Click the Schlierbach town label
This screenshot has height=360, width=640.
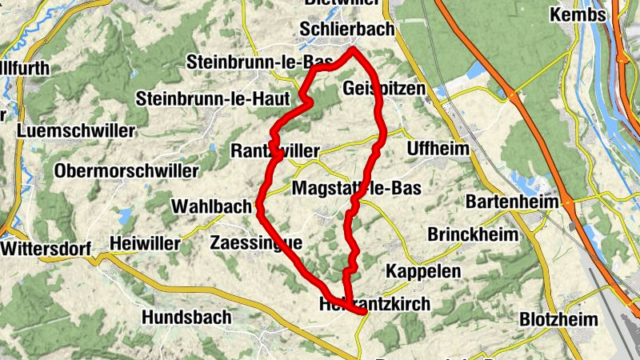click(346, 29)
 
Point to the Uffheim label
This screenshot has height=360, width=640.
click(434, 148)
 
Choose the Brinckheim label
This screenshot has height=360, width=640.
click(467, 235)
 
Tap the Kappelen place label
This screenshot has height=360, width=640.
click(423, 271)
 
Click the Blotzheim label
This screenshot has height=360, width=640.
click(558, 319)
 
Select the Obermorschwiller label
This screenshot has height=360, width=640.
click(126, 170)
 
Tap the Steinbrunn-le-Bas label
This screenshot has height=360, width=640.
click(248, 62)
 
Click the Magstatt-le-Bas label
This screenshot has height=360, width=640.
click(357, 189)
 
